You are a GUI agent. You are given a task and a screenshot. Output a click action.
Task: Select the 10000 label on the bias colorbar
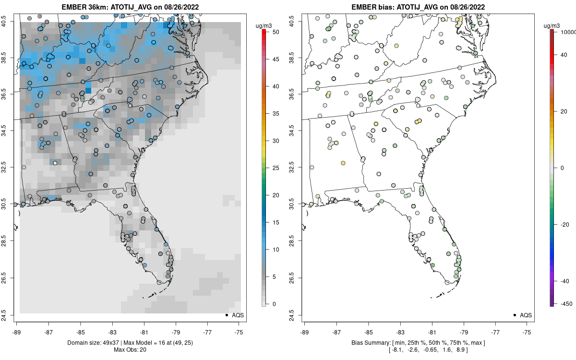[567, 32]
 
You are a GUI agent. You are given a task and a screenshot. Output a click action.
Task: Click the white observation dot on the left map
[55, 163]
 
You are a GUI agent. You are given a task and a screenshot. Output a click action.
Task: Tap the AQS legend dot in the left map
[226, 315]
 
